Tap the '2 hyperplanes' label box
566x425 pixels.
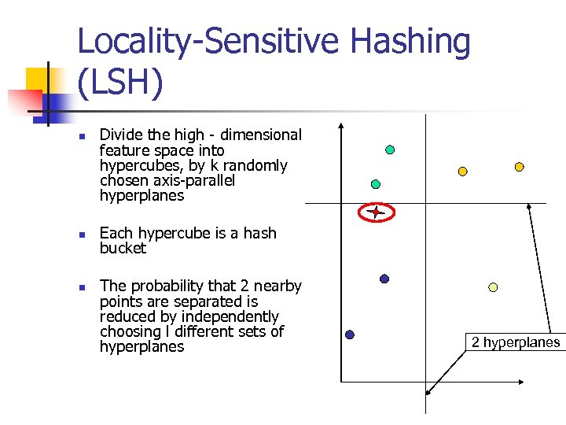516,342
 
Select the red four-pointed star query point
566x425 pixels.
377,212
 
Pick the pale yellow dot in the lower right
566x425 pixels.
493,287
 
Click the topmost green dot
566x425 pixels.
390,150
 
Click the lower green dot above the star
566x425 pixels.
376,183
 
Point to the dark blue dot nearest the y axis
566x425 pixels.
350,334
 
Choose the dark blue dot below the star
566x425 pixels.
384,279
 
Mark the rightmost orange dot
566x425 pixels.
519,167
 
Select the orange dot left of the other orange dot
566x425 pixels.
463,171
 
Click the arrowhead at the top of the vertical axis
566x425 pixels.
340,126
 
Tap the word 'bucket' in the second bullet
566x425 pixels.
123,248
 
